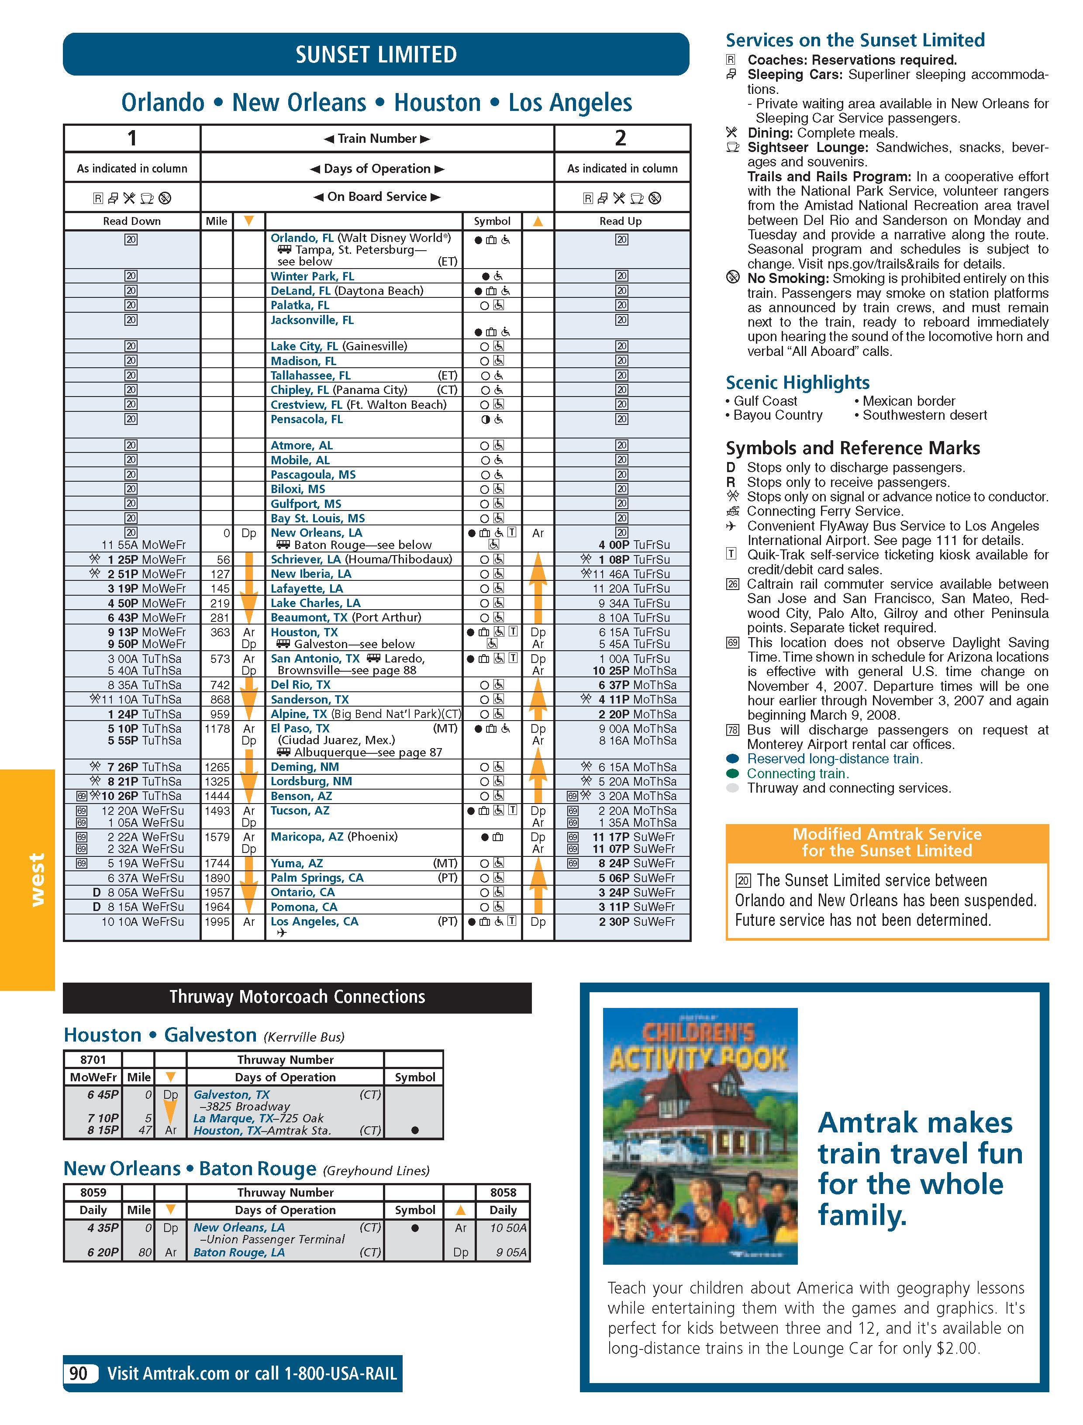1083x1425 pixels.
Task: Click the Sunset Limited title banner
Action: [376, 54]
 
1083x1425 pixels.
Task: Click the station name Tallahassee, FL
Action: [310, 376]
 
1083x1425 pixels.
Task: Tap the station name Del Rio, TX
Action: [300, 684]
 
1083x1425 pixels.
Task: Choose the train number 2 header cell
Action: [621, 138]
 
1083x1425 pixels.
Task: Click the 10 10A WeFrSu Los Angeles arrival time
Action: [142, 921]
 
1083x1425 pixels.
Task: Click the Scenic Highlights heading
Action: [797, 383]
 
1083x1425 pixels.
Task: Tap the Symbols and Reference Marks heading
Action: [852, 448]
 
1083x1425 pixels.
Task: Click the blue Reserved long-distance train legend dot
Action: [732, 759]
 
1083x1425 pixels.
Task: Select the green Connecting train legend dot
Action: [732, 773]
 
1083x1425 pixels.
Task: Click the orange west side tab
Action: [28, 879]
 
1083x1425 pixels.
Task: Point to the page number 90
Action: [79, 1373]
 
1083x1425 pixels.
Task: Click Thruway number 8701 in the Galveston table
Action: [93, 1059]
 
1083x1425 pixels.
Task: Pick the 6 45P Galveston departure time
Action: [103, 1094]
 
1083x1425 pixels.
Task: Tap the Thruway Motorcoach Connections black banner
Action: [297, 997]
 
